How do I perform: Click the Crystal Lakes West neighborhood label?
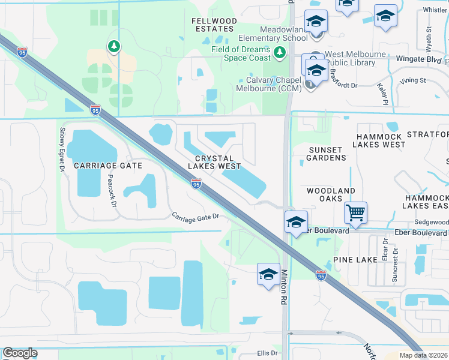point(214,162)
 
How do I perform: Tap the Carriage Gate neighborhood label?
point(107,165)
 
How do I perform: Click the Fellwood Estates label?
point(214,25)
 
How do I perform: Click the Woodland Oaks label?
point(331,194)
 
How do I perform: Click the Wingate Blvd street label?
point(418,59)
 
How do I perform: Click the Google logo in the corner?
point(20,353)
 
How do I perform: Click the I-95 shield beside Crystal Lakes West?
point(196,184)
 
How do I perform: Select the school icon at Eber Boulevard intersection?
point(296,221)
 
